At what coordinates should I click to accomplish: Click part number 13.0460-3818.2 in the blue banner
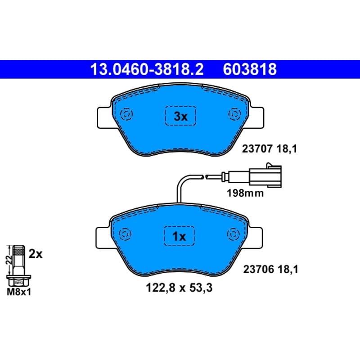[147, 69]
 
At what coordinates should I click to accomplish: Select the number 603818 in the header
[250, 69]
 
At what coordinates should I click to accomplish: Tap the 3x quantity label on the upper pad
[181, 117]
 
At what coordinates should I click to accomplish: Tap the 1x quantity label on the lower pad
[179, 236]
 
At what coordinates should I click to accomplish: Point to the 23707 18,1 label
[270, 149]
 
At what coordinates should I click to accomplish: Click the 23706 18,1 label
[271, 269]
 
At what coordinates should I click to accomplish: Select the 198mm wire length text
[245, 193]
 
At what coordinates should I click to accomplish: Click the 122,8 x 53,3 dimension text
[179, 288]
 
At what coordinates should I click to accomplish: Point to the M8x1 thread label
[19, 292]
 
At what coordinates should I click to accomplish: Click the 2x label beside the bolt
[36, 254]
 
